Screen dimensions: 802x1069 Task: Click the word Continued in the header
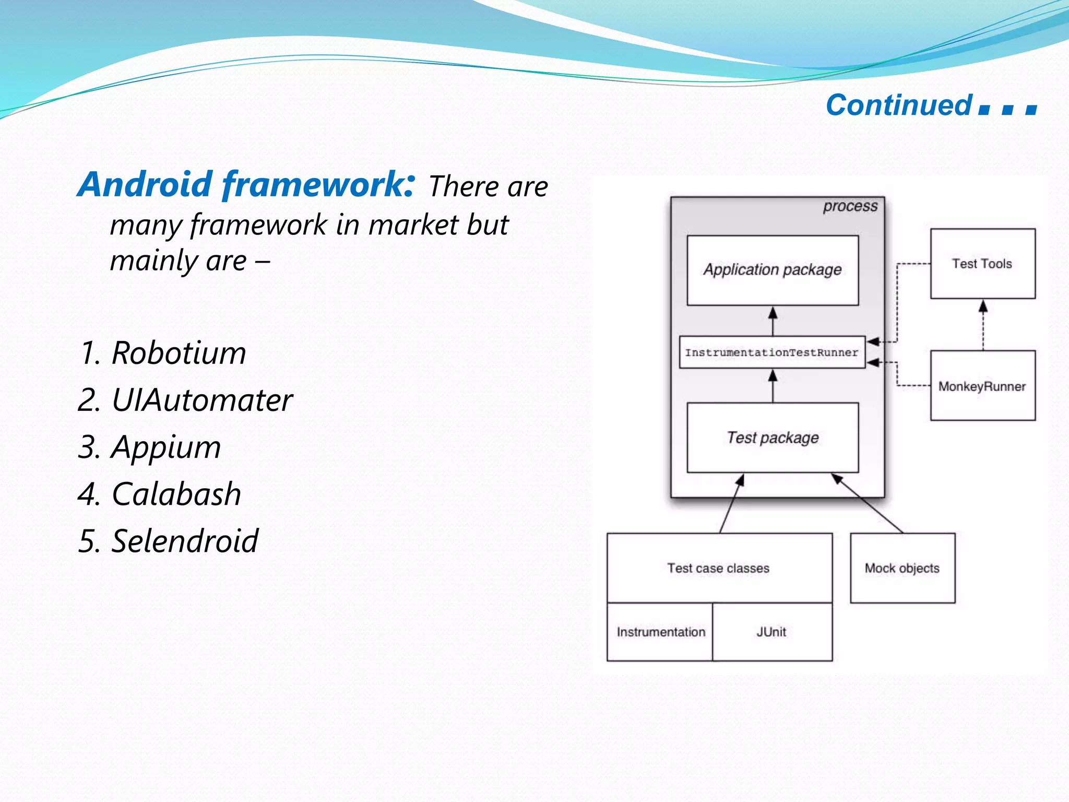899,105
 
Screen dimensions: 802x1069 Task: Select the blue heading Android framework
246,185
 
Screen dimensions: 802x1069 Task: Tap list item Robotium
179,353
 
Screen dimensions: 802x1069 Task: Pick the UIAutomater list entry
201,400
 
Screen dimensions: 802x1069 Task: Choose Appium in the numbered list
166,447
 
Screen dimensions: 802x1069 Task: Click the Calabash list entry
176,494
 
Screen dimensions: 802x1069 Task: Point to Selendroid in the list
185,541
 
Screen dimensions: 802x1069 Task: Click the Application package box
773,270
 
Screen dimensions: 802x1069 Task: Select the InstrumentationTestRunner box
771,352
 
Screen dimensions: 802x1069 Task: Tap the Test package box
773,438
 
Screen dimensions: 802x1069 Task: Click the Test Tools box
982,264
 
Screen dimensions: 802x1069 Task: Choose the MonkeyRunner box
982,386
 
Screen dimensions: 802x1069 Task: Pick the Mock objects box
902,568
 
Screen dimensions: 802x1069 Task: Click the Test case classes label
718,568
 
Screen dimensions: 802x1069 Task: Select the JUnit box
771,632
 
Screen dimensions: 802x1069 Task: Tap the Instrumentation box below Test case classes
660,632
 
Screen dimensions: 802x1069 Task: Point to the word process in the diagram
850,206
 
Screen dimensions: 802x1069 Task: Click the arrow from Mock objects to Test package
868,503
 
